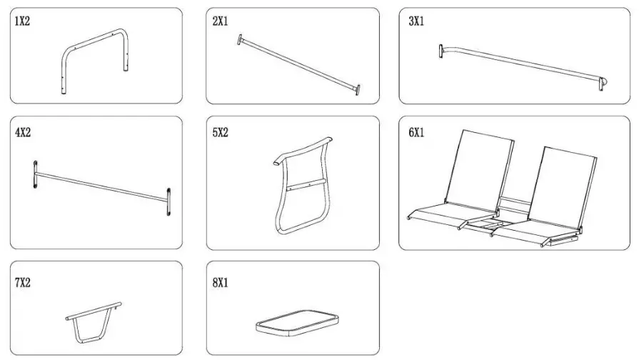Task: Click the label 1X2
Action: tap(23, 21)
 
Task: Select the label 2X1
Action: tap(221, 21)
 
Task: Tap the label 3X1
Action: tap(416, 21)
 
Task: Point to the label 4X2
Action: tap(23, 133)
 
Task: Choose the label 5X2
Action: tap(221, 133)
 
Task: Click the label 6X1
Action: tap(416, 133)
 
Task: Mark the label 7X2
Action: tap(23, 282)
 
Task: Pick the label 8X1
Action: tap(221, 282)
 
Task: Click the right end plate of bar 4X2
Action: tap(168, 201)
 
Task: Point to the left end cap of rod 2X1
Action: tap(241, 40)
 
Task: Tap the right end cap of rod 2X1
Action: tap(357, 89)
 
